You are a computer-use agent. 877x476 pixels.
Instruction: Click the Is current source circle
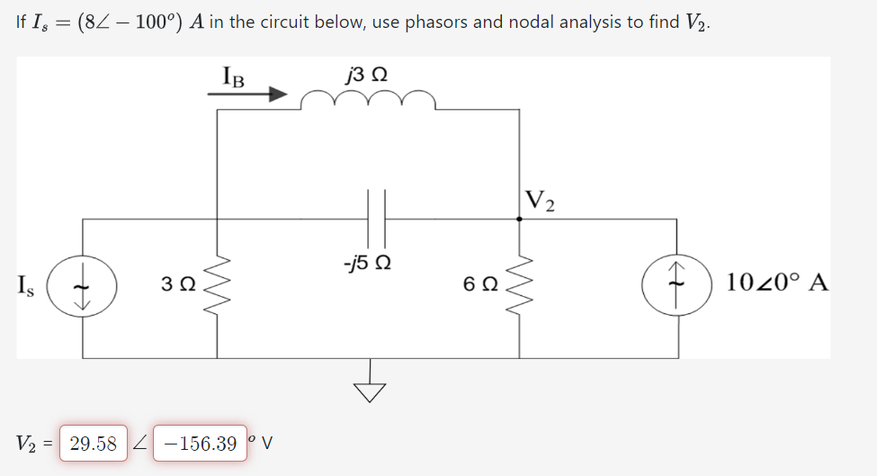(84, 287)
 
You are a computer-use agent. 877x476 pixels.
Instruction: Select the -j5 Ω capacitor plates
(375, 218)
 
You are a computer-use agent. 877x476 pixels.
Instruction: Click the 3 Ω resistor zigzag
(217, 286)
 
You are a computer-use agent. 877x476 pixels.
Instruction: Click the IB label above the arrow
(233, 73)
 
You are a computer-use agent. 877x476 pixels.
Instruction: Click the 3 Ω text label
(176, 285)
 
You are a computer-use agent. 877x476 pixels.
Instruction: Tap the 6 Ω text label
(480, 285)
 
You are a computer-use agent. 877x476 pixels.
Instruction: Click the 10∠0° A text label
(779, 284)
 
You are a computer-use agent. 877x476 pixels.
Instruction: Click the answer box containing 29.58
(94, 444)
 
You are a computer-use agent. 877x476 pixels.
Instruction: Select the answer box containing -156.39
(200, 444)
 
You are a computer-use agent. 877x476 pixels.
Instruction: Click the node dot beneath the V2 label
(519, 218)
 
